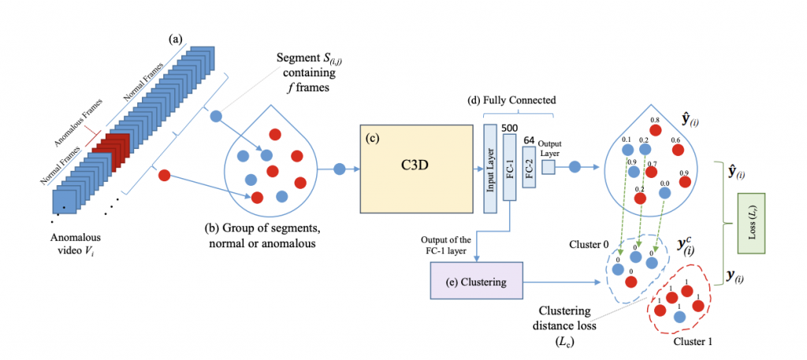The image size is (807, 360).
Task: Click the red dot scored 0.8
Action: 655,131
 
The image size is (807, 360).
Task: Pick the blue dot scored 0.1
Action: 627,149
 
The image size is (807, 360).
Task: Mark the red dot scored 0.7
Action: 651,171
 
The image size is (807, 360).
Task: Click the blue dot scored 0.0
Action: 664,192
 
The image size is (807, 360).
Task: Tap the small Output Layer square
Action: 548,167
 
